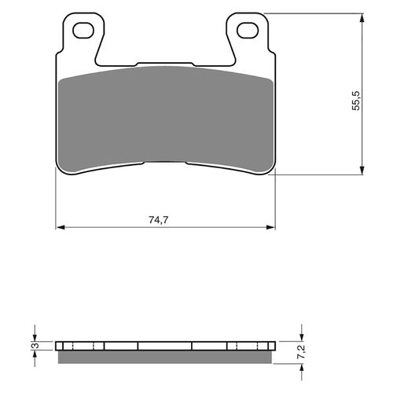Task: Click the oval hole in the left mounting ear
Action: pos(83,31)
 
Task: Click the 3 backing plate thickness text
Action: pos(34,346)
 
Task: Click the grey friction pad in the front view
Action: pos(166,118)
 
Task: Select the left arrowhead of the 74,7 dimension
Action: pos(61,229)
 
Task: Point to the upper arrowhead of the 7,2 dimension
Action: pos(300,336)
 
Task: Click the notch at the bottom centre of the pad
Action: pos(166,163)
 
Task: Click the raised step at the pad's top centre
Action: pos(166,64)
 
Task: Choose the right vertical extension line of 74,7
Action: pos(277,196)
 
